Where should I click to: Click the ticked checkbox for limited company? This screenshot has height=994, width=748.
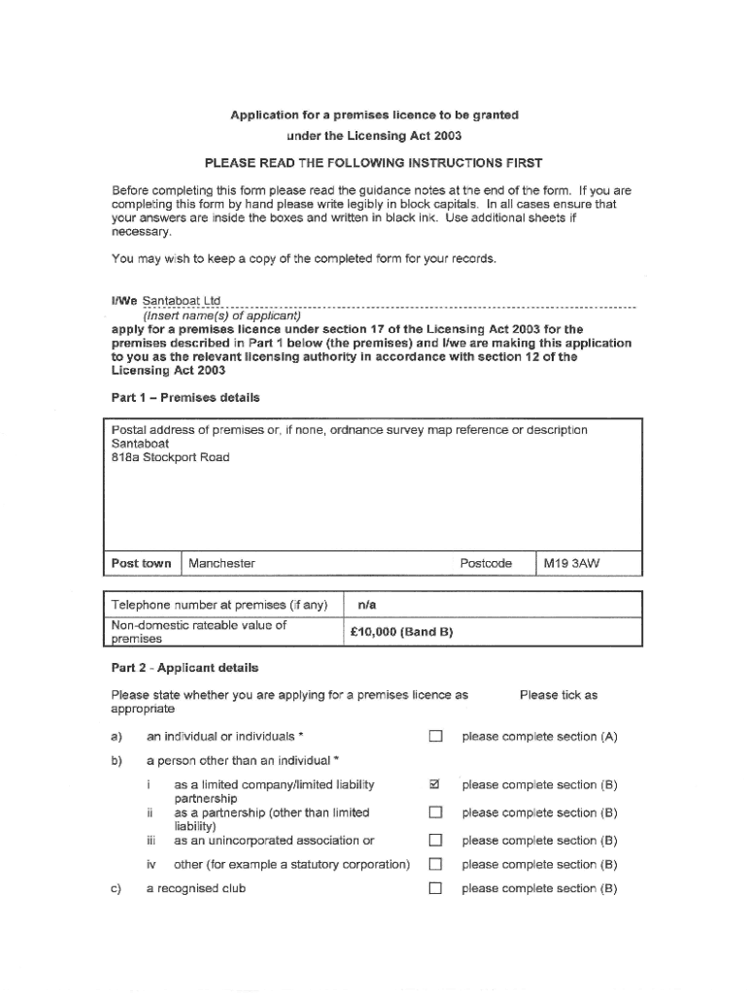click(x=435, y=784)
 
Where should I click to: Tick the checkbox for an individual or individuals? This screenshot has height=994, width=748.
click(x=435, y=737)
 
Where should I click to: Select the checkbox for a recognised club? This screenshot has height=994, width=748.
click(x=435, y=888)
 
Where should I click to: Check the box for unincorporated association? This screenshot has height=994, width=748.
click(x=435, y=841)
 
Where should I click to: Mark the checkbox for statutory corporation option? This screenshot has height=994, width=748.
click(x=435, y=864)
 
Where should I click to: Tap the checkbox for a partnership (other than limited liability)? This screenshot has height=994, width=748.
click(x=435, y=812)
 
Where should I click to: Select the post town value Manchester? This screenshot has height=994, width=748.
click(x=221, y=563)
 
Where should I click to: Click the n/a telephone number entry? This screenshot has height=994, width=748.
click(x=367, y=605)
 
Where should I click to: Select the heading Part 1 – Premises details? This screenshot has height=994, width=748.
click(x=186, y=398)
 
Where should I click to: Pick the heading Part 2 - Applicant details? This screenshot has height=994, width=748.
click(x=185, y=668)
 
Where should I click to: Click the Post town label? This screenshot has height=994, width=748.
click(x=141, y=563)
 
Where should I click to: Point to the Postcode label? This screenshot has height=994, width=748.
click(x=486, y=563)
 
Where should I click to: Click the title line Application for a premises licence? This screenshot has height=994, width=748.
click(x=374, y=115)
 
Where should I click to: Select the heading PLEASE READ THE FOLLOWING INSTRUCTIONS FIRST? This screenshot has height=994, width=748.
click(x=374, y=162)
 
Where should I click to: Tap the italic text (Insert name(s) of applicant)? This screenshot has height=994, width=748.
click(x=222, y=315)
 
